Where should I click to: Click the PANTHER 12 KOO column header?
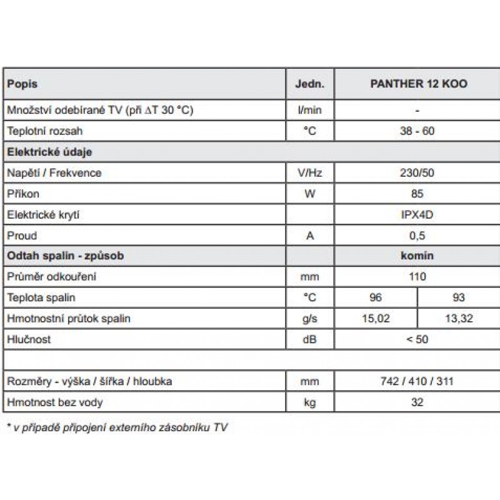[x=417, y=84]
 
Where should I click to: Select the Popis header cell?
[x=22, y=84]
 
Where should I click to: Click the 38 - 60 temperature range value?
[x=417, y=131]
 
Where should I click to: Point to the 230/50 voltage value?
[x=417, y=173]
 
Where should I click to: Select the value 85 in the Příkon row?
[x=417, y=194]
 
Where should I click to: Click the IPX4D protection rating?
[x=417, y=215]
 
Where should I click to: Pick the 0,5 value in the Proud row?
[x=417, y=236]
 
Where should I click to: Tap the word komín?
[x=417, y=256]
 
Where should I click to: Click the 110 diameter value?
[x=417, y=277]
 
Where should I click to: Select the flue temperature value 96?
[x=375, y=298]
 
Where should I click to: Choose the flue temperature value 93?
[x=459, y=298]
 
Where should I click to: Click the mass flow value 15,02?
[x=376, y=319]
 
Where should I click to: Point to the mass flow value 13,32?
[x=459, y=319]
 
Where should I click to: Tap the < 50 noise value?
[x=417, y=339]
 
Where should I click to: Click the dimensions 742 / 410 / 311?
[x=417, y=381]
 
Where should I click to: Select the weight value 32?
[x=417, y=402]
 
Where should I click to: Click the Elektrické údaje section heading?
[x=50, y=152]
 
